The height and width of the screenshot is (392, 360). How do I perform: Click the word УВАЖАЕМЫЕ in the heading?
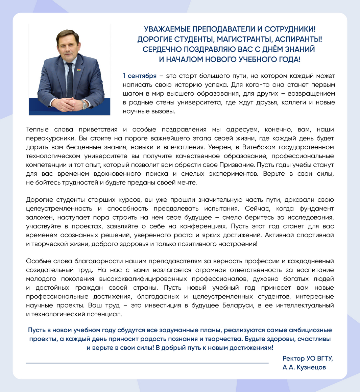(x=168, y=29)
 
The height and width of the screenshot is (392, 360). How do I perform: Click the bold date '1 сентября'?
(x=139, y=76)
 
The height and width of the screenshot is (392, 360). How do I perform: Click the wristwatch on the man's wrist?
(x=84, y=104)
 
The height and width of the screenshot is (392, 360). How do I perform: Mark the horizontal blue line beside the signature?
(x=147, y=363)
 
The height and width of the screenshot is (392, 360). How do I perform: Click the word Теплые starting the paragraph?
(x=37, y=130)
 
